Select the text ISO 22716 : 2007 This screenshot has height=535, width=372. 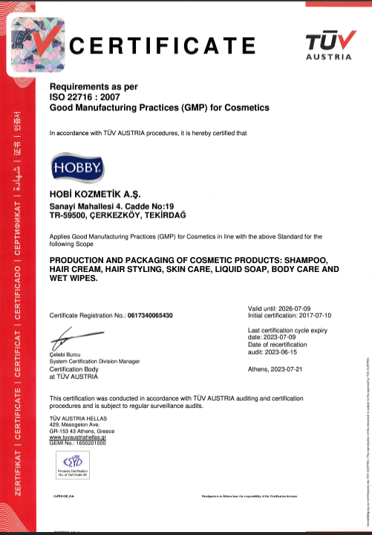coord(82,97)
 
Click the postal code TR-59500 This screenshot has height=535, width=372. coord(68,215)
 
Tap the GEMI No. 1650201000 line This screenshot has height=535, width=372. coord(77,444)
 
